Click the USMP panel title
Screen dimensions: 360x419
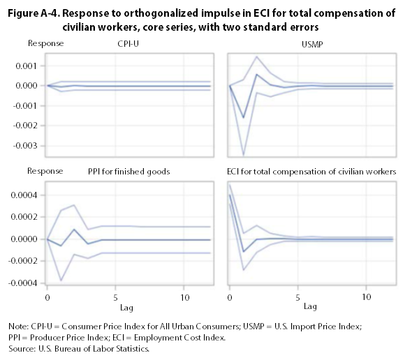314,45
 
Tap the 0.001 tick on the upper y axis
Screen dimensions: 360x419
27,66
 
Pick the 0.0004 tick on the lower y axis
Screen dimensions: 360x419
25,195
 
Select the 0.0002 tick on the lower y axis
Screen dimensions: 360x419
25,217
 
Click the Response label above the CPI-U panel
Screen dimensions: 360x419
45,44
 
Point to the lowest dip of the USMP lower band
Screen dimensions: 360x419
243,155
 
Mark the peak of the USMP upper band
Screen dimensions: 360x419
257,57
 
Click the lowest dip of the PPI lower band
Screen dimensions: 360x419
60,280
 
